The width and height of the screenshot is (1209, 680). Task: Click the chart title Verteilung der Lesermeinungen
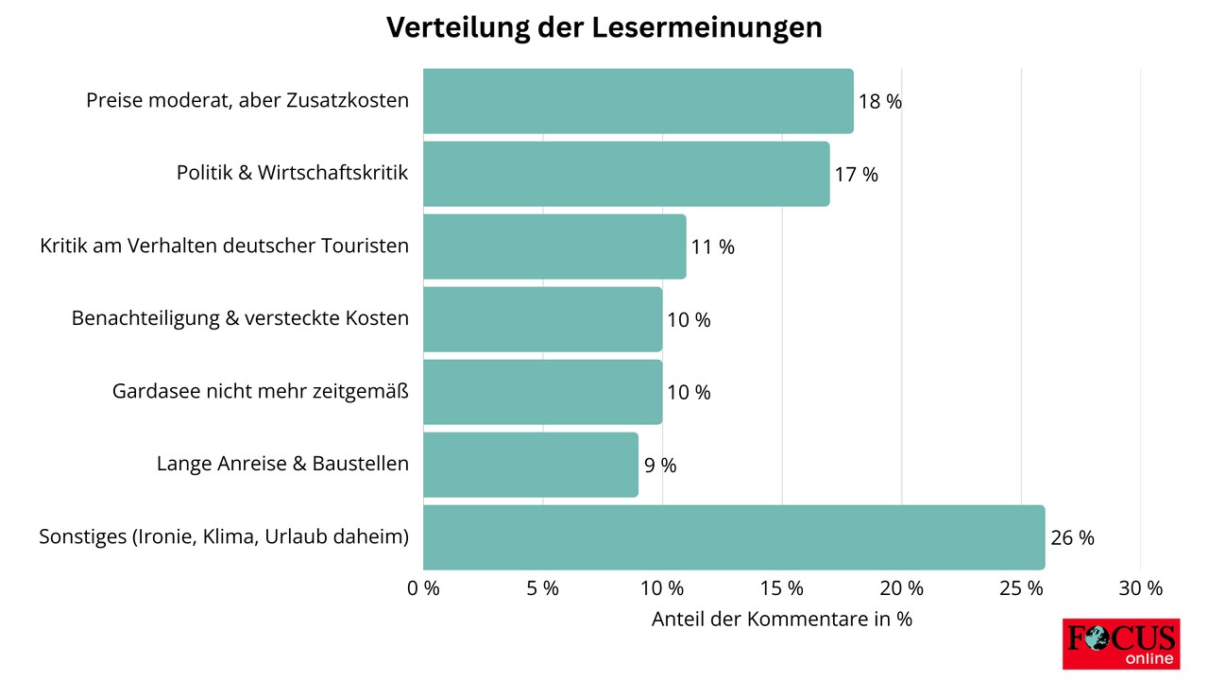[604, 28]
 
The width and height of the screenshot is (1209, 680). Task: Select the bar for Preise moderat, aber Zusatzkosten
[638, 101]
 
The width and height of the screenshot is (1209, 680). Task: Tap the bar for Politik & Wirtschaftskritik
[626, 174]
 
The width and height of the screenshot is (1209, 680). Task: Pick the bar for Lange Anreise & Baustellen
[531, 465]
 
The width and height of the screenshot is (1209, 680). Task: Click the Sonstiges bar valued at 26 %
[734, 537]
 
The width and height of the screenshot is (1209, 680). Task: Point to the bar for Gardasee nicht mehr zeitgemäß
[542, 392]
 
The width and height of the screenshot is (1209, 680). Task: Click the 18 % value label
[880, 102]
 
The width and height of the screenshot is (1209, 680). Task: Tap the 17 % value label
[857, 175]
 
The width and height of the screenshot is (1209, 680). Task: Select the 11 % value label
[713, 247]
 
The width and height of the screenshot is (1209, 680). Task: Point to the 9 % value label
[660, 466]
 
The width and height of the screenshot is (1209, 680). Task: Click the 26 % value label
[1072, 538]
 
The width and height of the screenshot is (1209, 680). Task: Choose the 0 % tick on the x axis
[423, 588]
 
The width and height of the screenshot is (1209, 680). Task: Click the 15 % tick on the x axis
[782, 588]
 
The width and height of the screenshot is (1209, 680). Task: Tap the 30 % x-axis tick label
[1141, 588]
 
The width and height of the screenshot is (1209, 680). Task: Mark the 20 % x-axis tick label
[901, 588]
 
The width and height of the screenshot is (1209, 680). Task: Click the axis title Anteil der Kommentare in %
[782, 620]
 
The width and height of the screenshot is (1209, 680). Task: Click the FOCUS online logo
[1120, 644]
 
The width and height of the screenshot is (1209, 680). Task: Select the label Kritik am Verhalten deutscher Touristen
[225, 246]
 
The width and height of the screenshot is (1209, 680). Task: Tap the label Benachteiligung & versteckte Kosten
[240, 319]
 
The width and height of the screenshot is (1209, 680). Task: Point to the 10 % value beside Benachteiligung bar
[689, 320]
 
